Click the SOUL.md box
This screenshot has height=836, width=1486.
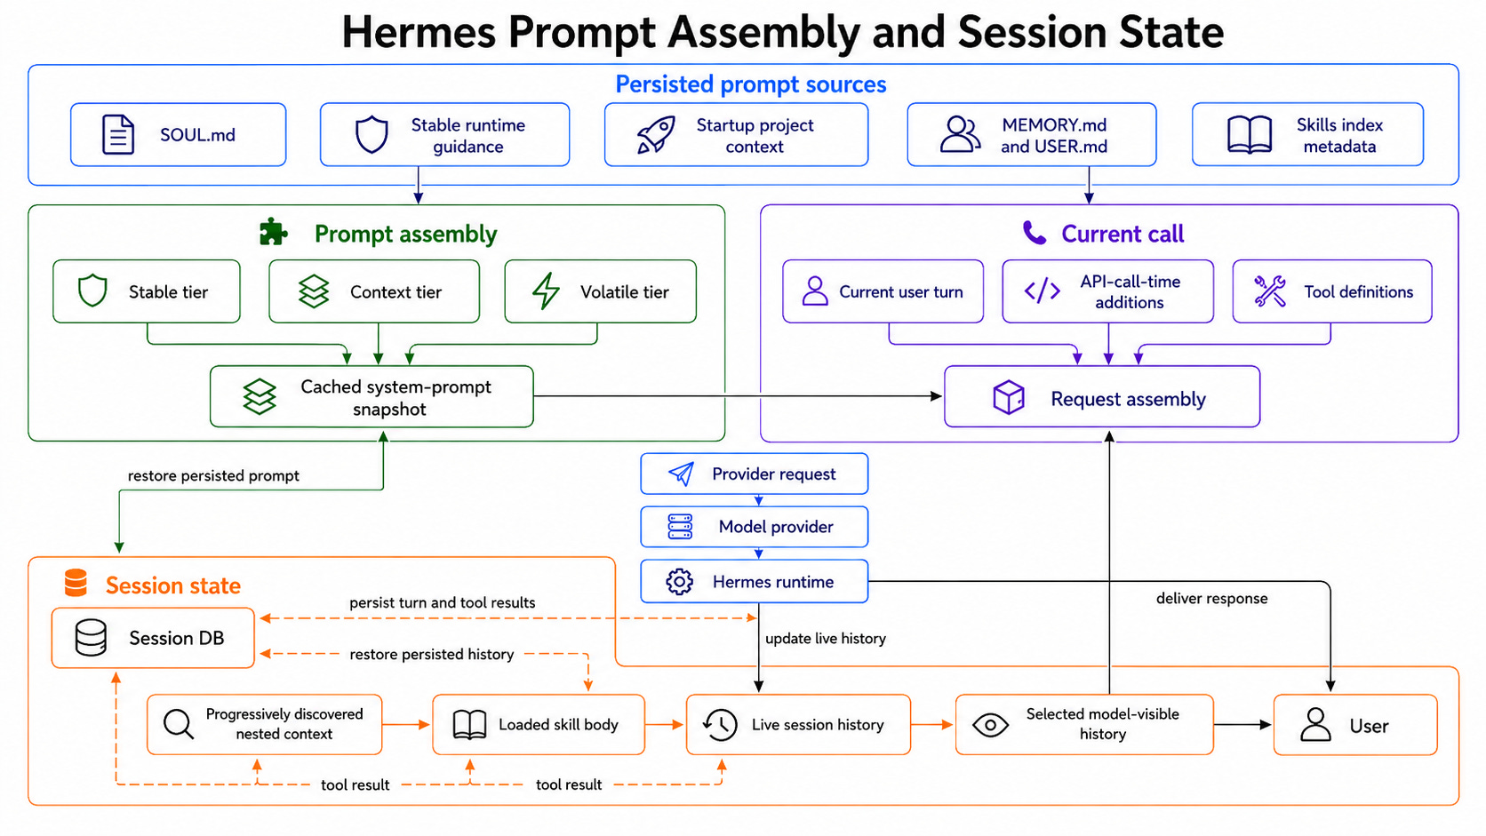pos(179,134)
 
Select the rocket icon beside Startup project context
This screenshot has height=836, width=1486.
pos(656,134)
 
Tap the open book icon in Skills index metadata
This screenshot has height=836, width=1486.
pos(1250,134)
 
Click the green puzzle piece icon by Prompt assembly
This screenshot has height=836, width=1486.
pos(273,233)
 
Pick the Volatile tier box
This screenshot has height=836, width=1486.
pos(601,291)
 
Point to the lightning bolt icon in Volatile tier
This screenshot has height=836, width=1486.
pos(546,291)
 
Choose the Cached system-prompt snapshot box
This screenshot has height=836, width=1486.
pos(371,397)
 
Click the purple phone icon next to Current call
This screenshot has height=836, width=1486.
pos(1035,233)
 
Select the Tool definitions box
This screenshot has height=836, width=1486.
pos(1332,291)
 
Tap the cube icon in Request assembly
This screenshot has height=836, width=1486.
pos(1009,398)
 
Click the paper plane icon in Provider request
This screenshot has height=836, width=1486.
pos(682,474)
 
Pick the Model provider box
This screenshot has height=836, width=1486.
pos(755,527)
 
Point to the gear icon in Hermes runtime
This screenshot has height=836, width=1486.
pos(679,582)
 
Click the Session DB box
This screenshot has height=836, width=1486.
pos(153,638)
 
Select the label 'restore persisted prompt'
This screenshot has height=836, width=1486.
pos(213,476)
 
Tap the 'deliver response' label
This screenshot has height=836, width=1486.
pos(1212,599)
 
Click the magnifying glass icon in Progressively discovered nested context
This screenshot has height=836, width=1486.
pos(179,725)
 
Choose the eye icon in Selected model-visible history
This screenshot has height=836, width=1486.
pos(990,725)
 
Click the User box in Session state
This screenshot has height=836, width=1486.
pos(1355,725)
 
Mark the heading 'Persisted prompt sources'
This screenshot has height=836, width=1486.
pos(751,84)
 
